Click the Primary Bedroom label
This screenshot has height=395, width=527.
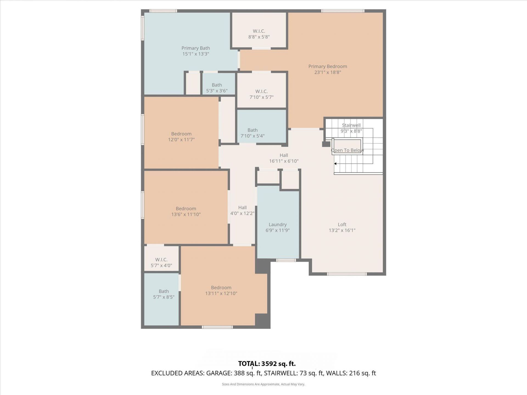pyautogui.click(x=327, y=66)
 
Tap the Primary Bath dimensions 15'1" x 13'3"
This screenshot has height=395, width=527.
pyautogui.click(x=196, y=54)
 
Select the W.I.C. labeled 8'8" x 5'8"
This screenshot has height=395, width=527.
pyautogui.click(x=259, y=34)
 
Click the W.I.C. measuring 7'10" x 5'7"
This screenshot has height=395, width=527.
pyautogui.click(x=261, y=94)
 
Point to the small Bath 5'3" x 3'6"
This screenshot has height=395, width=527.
pyautogui.click(x=217, y=88)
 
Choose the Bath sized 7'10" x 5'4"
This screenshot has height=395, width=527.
pyautogui.click(x=253, y=133)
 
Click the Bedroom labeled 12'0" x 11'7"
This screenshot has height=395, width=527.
pyautogui.click(x=181, y=137)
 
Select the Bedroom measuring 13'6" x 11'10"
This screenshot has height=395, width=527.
pyautogui.click(x=186, y=211)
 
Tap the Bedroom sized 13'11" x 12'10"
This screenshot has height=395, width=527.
pyautogui.click(x=221, y=290)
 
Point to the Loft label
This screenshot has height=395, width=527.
pyautogui.click(x=342, y=224)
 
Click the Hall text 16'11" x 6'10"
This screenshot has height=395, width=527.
pyautogui.click(x=284, y=161)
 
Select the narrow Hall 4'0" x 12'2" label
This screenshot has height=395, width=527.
pyautogui.click(x=242, y=210)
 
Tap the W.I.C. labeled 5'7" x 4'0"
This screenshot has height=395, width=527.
pyautogui.click(x=161, y=263)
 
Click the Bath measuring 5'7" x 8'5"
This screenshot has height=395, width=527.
pyautogui.click(x=164, y=294)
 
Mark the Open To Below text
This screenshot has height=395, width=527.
pyautogui.click(x=347, y=150)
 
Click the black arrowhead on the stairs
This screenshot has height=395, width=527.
pyautogui.click(x=335, y=164)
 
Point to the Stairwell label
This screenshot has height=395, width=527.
pyautogui.click(x=351, y=125)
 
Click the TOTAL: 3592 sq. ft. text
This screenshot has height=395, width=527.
pyautogui.click(x=267, y=364)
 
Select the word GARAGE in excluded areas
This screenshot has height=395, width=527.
pyautogui.click(x=219, y=373)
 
